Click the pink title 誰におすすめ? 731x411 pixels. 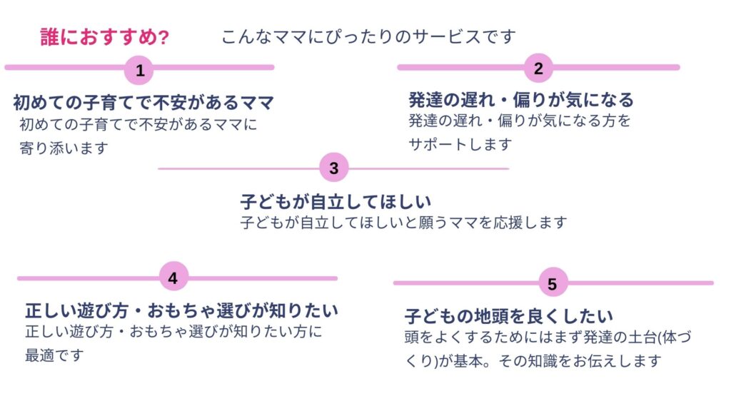(x=105, y=37)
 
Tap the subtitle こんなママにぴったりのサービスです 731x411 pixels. (x=368, y=36)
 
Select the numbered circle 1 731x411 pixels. (x=140, y=70)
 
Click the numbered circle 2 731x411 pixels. (x=539, y=68)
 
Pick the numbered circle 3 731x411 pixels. (x=334, y=168)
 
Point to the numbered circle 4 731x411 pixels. (x=173, y=278)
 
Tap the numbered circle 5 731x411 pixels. (x=552, y=283)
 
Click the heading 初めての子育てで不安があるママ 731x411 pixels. (x=143, y=103)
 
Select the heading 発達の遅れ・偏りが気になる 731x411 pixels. (x=521, y=100)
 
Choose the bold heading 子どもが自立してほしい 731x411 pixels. (x=336, y=201)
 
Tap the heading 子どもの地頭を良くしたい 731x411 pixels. (x=510, y=315)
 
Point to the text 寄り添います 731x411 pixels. (x=64, y=148)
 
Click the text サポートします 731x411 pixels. (x=460, y=143)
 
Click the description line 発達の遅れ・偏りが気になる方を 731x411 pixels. (x=520, y=121)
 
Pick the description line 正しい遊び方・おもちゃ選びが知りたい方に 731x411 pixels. (x=174, y=332)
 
